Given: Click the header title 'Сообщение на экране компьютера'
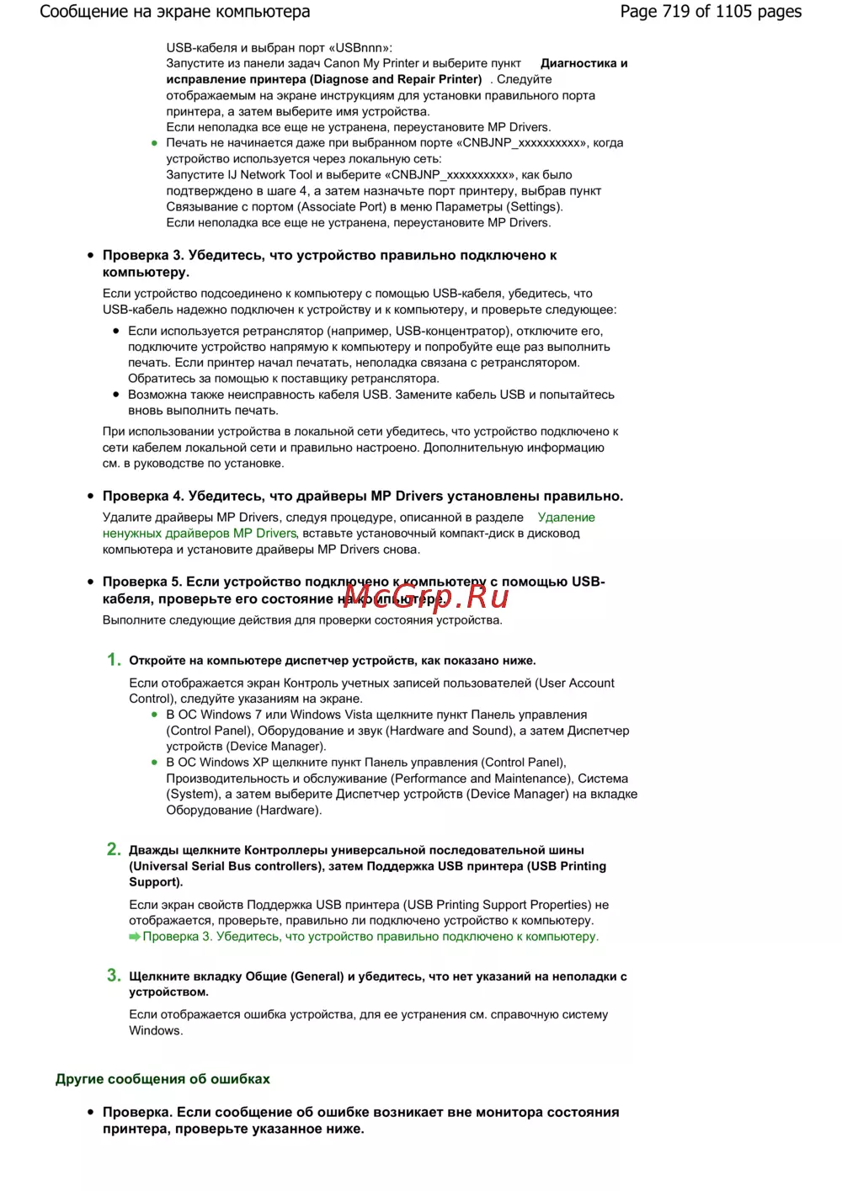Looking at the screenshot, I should tap(175, 12).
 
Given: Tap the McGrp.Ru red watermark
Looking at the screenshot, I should tap(426, 596).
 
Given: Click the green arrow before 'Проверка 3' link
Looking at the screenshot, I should tap(135, 937).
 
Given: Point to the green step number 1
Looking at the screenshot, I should tap(114, 660).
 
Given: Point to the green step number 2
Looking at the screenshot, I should tap(114, 849).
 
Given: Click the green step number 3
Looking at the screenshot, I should tap(114, 976).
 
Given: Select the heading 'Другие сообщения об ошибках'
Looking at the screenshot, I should tap(163, 1079).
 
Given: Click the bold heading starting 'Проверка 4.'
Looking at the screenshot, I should tap(363, 496).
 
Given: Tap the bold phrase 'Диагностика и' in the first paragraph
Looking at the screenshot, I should tap(584, 63).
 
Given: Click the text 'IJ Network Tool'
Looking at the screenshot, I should tap(270, 175).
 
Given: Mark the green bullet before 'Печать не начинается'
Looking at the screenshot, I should tap(154, 143).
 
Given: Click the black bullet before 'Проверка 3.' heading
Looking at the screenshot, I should tap(91, 255).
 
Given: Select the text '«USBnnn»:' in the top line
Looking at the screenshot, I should tap(364, 48).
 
